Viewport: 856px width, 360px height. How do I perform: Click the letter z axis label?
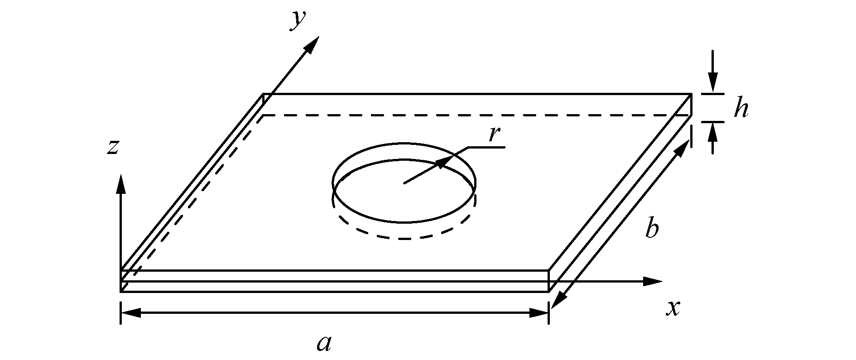pyautogui.click(x=113, y=147)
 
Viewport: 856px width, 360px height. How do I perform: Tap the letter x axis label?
pyautogui.click(x=673, y=308)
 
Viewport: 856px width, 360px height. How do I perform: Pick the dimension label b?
pyautogui.click(x=651, y=229)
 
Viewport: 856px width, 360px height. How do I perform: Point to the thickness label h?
pyautogui.click(x=740, y=109)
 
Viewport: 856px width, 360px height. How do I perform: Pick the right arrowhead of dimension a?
pyautogui.click(x=539, y=312)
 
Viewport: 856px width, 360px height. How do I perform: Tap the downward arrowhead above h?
pyautogui.click(x=713, y=84)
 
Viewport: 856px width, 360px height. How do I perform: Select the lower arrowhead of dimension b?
pyautogui.click(x=558, y=300)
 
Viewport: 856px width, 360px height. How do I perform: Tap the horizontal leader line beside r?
pyautogui.click(x=487, y=147)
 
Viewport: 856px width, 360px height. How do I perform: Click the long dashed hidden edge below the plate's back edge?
pyautogui.click(x=476, y=115)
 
